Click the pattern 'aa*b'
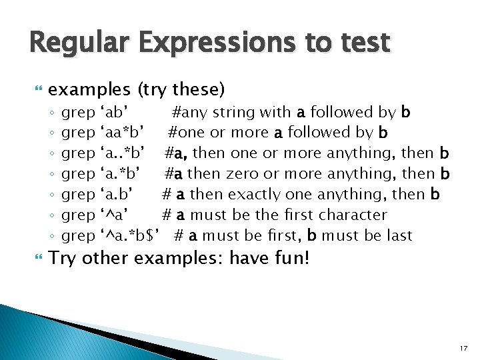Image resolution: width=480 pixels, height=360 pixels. coord(123,133)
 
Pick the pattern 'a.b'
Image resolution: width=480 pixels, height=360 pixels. coord(119,195)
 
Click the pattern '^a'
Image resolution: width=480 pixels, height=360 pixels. coord(113,215)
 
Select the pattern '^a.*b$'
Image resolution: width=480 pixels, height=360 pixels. coord(131,236)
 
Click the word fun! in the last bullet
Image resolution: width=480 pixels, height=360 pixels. coord(291,258)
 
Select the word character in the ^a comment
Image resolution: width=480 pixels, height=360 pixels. coord(353,215)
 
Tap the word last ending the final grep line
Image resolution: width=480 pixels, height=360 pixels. coord(399,236)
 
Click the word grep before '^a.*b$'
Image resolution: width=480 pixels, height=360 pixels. coord(78,236)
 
